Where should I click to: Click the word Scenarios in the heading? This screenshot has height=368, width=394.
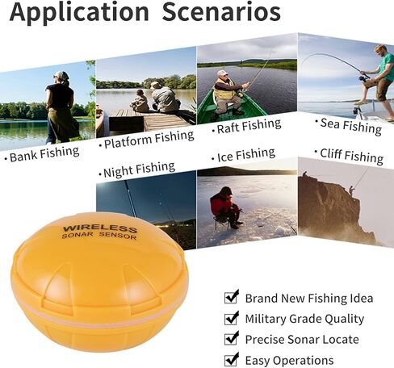point(221,11)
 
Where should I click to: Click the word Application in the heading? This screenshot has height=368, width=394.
point(79,13)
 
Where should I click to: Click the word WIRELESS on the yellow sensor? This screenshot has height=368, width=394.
point(100,229)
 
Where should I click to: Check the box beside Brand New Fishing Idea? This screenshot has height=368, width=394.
point(232,297)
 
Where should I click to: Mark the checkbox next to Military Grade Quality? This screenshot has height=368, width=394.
point(232,318)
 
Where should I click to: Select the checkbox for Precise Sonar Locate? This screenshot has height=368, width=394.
point(232,338)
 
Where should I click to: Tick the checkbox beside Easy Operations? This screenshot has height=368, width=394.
point(232,359)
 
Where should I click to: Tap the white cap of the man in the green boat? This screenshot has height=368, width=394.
point(222,73)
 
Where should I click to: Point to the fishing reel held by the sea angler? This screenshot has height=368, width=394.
point(364,78)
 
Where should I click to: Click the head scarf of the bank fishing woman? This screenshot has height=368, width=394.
point(61,76)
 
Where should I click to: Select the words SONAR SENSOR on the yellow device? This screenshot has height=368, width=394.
point(99,236)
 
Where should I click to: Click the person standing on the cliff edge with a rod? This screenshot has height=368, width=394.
point(352,190)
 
